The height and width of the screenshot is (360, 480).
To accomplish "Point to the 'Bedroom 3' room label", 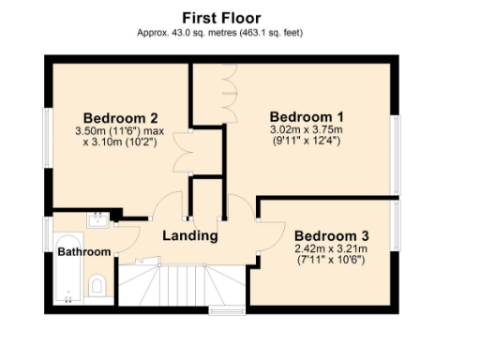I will (331, 234).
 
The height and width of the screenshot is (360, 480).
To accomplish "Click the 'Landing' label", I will (190, 235).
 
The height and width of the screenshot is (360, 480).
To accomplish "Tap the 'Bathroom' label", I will (83, 252).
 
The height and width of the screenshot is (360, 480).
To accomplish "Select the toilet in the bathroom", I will (97, 284).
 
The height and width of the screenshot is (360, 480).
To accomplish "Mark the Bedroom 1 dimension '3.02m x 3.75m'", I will (307, 130).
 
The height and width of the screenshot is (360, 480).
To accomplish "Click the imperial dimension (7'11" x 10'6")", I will (331, 259).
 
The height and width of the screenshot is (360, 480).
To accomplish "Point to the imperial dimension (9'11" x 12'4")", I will (307, 142).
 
